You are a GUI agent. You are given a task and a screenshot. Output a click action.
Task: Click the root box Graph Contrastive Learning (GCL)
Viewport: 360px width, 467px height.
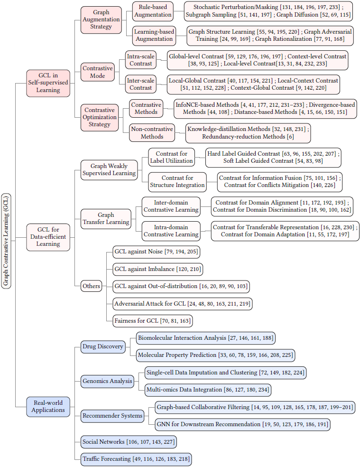[x=6, y=241]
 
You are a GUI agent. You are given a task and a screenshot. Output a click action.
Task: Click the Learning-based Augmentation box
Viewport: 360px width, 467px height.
[x=154, y=35]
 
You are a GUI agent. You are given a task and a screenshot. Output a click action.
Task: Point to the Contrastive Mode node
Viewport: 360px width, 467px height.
[x=97, y=72]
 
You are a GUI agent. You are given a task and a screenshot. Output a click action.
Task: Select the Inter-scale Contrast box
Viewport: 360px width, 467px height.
[x=141, y=84]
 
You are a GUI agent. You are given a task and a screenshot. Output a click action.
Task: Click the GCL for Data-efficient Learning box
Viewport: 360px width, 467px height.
[x=48, y=236]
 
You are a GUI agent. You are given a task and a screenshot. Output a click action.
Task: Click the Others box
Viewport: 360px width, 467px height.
[x=91, y=286]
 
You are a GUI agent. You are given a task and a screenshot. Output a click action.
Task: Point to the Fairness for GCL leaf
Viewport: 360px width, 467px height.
[x=152, y=321]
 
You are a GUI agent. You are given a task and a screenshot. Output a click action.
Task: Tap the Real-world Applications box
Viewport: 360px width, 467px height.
[x=48, y=406]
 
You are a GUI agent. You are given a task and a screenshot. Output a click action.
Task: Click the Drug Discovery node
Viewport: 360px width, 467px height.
[x=102, y=346]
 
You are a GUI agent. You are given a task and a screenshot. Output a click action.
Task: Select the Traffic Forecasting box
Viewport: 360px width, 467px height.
[x=136, y=459]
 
